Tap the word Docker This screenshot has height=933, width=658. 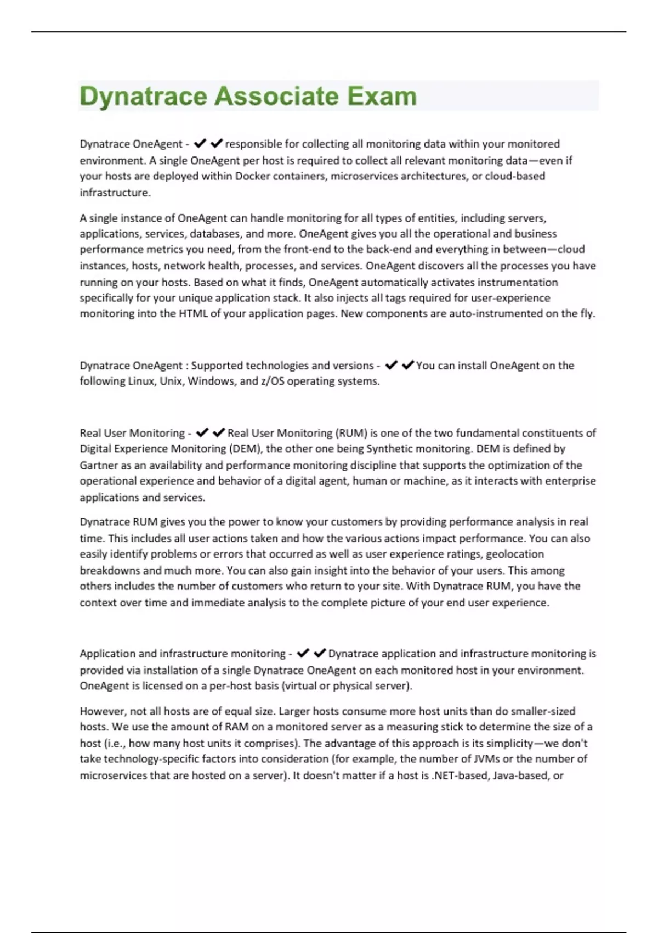[x=253, y=176]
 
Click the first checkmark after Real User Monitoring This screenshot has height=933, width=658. [x=202, y=433]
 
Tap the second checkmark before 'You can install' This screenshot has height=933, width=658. [x=407, y=365]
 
